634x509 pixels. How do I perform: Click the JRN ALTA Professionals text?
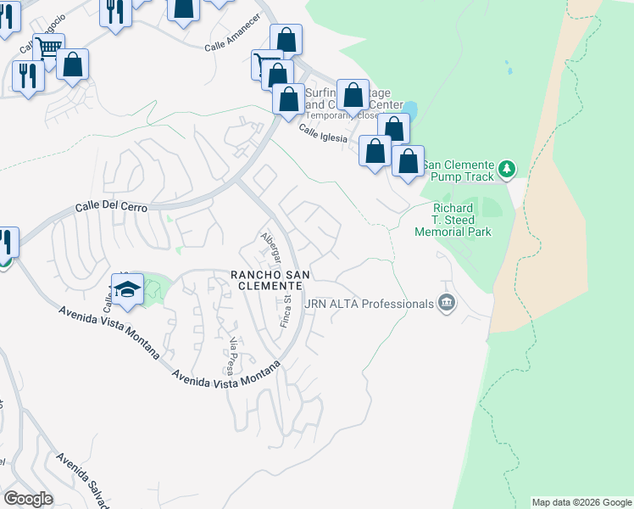pyautogui.click(x=369, y=304)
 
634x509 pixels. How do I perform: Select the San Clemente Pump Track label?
pyautogui.click(x=459, y=170)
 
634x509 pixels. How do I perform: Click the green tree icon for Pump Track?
pyautogui.click(x=507, y=169)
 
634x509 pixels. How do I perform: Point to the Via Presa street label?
pyautogui.click(x=231, y=355)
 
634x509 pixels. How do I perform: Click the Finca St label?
pyautogui.click(x=286, y=311)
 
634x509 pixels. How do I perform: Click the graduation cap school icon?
pyautogui.click(x=128, y=288)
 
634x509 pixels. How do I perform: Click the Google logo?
pyautogui.click(x=28, y=499)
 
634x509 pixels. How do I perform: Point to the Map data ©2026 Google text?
pyautogui.click(x=581, y=502)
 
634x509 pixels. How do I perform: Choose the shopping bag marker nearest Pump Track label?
pyautogui.click(x=408, y=160)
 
